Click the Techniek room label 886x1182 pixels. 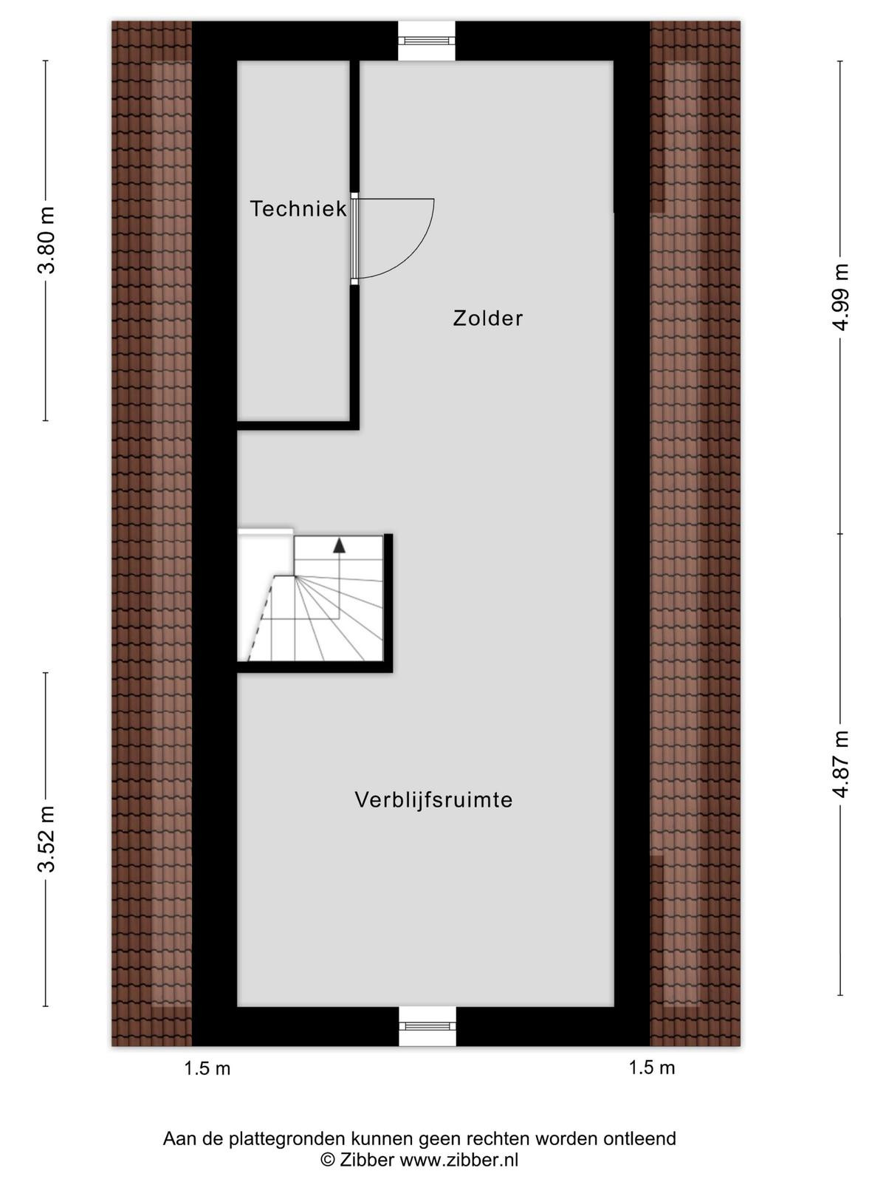pyautogui.click(x=298, y=209)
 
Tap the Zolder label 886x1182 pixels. pyautogui.click(x=488, y=318)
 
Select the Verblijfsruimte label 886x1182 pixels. pyautogui.click(x=433, y=799)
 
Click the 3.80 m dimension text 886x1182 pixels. pyautogui.click(x=47, y=240)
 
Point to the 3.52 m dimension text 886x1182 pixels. pyautogui.click(x=47, y=838)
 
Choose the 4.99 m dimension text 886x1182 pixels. pyautogui.click(x=839, y=297)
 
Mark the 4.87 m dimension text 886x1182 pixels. pyautogui.click(x=839, y=764)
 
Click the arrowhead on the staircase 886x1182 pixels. pyautogui.click(x=339, y=545)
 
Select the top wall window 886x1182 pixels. pyautogui.click(x=427, y=41)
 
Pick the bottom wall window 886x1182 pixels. pyautogui.click(x=427, y=1026)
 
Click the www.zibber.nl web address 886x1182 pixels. pyautogui.click(x=459, y=1159)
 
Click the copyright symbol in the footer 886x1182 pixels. pyautogui.click(x=328, y=1160)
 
